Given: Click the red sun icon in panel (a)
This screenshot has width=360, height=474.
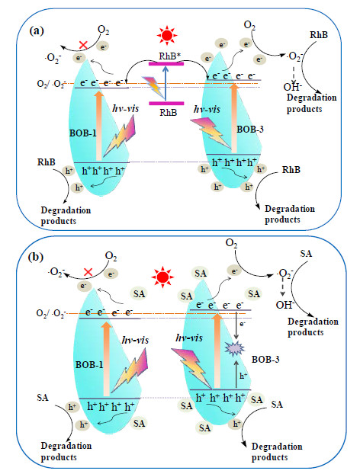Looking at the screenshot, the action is [x=166, y=35].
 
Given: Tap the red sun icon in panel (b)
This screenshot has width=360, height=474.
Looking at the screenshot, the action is [x=162, y=277].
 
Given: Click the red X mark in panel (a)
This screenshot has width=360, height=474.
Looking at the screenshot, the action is [x=83, y=46].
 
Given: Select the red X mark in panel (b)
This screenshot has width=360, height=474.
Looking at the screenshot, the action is [x=88, y=272].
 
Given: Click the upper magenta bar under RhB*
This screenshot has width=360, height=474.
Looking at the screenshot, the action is [x=166, y=63].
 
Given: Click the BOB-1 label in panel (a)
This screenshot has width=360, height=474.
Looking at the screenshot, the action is [x=82, y=133].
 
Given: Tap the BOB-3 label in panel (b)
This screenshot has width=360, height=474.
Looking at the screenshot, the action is [x=265, y=360].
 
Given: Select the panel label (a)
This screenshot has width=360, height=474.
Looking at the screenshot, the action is [x=37, y=30].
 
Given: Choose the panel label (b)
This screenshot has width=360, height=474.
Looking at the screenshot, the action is [x=36, y=257].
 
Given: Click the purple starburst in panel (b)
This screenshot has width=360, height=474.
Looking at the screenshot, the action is [x=234, y=349].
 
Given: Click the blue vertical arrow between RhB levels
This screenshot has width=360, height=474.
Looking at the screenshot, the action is [x=166, y=82].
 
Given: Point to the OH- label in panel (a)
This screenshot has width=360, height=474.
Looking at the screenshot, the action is [x=292, y=87].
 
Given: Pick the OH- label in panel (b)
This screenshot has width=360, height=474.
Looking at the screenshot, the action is [x=285, y=305].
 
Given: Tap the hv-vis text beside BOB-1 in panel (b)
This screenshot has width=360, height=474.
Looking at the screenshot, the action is [x=135, y=341].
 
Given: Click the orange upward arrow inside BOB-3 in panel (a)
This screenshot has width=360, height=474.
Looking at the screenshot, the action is [x=233, y=118].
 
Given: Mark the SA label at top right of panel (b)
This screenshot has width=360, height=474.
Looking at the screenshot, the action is [x=306, y=253].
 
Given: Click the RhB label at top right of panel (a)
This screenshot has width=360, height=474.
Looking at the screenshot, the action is [x=319, y=35].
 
